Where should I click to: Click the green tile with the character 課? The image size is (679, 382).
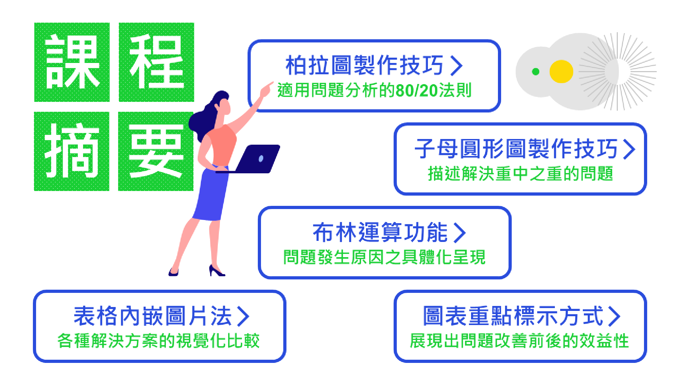(72, 62)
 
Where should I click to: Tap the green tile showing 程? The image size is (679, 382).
(156, 62)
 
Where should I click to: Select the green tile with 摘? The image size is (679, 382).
(71, 151)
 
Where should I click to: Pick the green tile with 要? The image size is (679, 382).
(156, 151)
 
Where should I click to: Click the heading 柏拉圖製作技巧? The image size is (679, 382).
(364, 65)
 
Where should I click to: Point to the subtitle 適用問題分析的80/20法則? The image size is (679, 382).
(375, 90)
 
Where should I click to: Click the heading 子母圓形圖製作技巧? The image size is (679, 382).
(516, 149)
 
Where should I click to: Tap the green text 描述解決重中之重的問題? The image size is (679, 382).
(520, 174)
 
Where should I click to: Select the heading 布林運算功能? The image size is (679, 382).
(380, 232)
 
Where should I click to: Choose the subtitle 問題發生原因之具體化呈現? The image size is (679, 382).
(384, 257)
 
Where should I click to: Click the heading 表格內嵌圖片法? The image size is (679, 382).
(153, 316)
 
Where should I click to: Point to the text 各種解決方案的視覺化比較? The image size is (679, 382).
(158, 341)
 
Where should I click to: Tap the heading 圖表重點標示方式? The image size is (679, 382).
(513, 316)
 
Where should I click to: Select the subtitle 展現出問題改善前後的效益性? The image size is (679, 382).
(519, 341)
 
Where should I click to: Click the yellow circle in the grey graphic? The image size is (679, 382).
(561, 71)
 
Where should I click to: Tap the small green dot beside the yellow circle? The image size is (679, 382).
(536, 72)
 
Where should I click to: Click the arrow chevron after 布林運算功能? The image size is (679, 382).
(459, 233)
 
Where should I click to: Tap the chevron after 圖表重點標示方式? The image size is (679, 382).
(614, 316)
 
